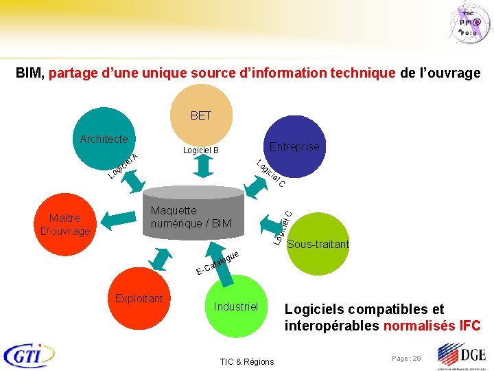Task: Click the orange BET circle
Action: [x=200, y=115]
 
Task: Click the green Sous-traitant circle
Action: [x=318, y=243]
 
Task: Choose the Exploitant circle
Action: [x=139, y=298]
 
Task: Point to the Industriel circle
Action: [x=235, y=306]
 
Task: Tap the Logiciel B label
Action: [x=200, y=150]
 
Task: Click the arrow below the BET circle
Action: [x=202, y=167]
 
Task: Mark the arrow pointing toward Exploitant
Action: [x=163, y=260]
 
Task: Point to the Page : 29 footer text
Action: [x=407, y=359]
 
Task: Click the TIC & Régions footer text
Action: [x=246, y=362]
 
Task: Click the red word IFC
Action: [x=469, y=326]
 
